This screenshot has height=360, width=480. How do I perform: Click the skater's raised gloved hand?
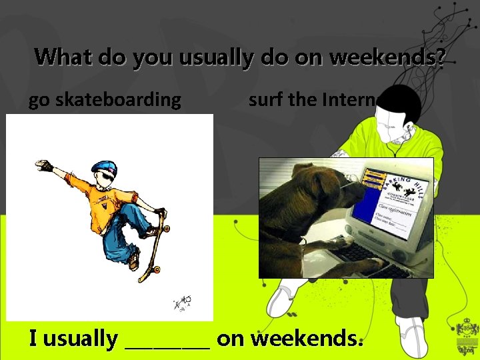point(45,165)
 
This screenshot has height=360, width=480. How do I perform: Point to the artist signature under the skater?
point(181,303)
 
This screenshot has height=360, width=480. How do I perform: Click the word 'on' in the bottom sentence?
point(231,339)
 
